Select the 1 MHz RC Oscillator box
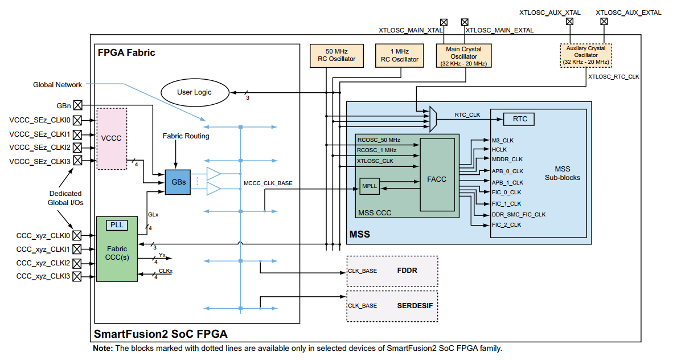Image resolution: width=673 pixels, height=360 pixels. tap(399, 55)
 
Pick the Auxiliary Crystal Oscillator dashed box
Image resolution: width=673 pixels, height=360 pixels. tap(585, 56)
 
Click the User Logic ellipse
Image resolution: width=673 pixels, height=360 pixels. tap(194, 92)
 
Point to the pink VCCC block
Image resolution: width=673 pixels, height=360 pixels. tap(112, 138)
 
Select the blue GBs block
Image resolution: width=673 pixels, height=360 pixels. tap(177, 182)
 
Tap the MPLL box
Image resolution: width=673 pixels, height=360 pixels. tap(370, 186)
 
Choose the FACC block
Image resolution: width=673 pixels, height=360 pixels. tap(437, 178)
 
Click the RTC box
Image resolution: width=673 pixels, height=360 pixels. tap(519, 119)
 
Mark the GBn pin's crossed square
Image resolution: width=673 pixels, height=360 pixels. tap(78, 105)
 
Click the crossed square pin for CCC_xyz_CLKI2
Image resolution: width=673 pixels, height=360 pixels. tap(78, 263)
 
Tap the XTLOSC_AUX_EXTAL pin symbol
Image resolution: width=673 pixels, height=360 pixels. tap(604, 22)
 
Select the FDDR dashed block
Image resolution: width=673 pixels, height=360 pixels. tap(392, 271)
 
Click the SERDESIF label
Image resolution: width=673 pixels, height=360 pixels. tap(415, 305)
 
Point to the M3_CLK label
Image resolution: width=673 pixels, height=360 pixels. tap(503, 140)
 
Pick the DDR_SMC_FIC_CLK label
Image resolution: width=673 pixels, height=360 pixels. tap(518, 215)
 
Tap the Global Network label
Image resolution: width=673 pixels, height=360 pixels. tap(58, 85)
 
